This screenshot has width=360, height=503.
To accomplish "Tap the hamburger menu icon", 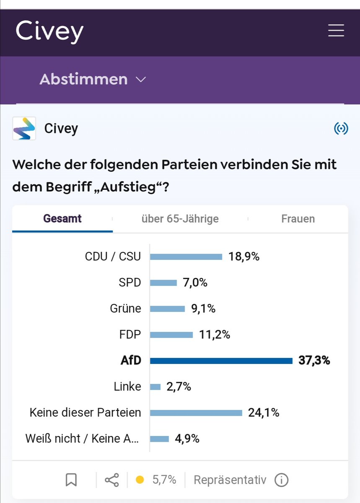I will point(336,31).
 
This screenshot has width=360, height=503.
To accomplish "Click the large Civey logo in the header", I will point(49,31).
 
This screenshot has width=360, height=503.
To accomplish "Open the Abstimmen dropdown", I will point(93,79).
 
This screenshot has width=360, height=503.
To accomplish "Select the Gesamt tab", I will point(62,219).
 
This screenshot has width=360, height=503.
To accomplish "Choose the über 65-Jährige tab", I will point(180,219).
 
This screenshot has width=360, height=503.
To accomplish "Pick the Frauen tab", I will point(298,219).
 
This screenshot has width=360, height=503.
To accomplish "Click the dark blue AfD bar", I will point(221,361).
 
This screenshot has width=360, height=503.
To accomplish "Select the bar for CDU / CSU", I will point(186,257).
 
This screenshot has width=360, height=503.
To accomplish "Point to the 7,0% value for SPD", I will point(195,283).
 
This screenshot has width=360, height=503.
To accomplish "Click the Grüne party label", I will point(125,309).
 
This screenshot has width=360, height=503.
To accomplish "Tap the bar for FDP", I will point(171,335).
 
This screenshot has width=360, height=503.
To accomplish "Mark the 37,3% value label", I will point(314,360).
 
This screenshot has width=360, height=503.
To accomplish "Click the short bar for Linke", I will point(155,387).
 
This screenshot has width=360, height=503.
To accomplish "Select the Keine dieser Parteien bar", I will point(196,413).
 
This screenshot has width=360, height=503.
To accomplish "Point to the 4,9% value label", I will point(187,439).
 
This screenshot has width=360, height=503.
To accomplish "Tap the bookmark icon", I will point(71,480).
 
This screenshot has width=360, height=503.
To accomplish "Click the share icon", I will point(111,480).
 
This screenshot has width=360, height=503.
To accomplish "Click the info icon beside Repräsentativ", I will point(281,480).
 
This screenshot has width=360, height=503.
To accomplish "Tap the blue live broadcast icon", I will point(341,129).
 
